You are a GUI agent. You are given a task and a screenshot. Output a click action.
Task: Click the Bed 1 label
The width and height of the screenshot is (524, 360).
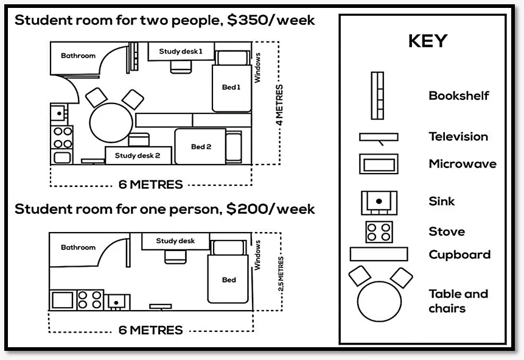pos(231,87)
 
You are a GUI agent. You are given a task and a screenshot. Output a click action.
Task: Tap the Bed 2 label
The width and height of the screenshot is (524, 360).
pos(201,147)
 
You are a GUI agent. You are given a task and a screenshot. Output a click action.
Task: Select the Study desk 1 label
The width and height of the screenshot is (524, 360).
pos(181,51)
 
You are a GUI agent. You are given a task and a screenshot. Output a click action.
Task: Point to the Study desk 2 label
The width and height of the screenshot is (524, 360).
pos(138,155)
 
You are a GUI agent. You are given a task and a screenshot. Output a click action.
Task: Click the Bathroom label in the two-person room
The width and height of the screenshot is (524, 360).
pos(78,55)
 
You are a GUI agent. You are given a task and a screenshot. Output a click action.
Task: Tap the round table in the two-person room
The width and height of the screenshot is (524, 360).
pos(111,122)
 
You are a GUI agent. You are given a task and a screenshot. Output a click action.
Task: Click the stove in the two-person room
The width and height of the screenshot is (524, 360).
pos(62,137)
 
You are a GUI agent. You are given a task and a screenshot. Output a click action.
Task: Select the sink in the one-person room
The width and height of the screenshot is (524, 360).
pos(117,302)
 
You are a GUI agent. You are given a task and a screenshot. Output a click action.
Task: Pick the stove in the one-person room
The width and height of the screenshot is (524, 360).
pos(90,300)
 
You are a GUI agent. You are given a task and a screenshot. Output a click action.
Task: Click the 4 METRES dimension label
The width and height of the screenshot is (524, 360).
pos(279,105)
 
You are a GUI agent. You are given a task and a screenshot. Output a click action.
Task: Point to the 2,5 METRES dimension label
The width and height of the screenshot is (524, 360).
pos(281,274)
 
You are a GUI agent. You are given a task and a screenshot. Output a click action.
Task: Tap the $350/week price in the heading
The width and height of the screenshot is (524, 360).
pos(271,20)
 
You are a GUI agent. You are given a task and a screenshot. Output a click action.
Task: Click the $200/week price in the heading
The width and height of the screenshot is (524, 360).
pos(270,209)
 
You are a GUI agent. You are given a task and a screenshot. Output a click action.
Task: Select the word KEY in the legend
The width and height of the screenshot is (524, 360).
pos(428,41)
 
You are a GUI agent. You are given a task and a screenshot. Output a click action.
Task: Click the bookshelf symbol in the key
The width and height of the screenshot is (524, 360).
pos(377,96)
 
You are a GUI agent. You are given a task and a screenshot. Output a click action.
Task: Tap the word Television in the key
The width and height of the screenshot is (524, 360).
pos(458,136)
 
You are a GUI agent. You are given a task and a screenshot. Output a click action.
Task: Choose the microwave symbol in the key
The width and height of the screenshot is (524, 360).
pos(379,164)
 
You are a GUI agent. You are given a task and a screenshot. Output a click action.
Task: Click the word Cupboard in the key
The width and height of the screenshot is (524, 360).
pos(459,255)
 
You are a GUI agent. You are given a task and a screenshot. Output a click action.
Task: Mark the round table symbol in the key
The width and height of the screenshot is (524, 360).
pos(379,301)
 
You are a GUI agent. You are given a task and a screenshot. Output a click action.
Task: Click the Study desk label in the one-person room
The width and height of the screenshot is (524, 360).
pos(175,241)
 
